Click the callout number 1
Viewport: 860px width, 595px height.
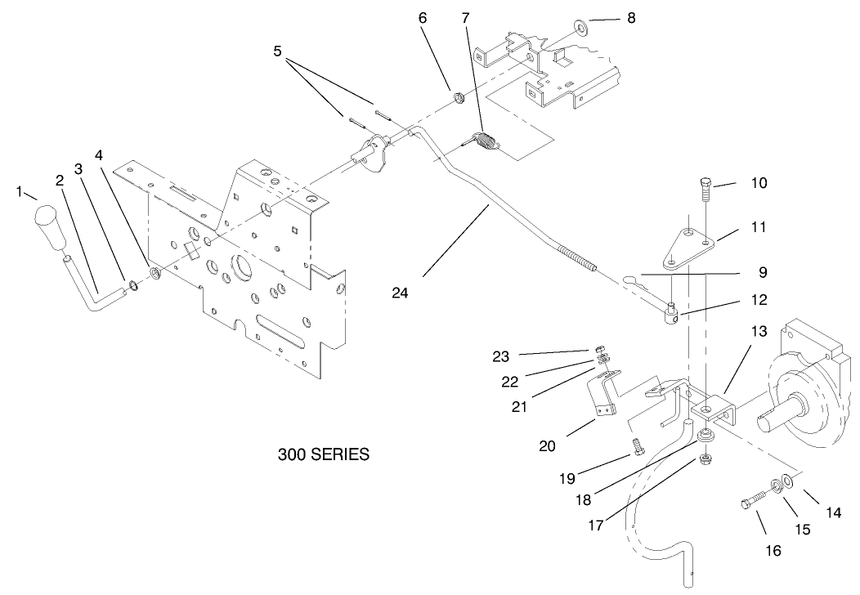coord(19,191)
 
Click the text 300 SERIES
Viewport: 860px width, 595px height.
coord(323,454)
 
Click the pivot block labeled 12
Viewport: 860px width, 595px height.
coord(670,313)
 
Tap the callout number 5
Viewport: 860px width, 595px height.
coord(278,51)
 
